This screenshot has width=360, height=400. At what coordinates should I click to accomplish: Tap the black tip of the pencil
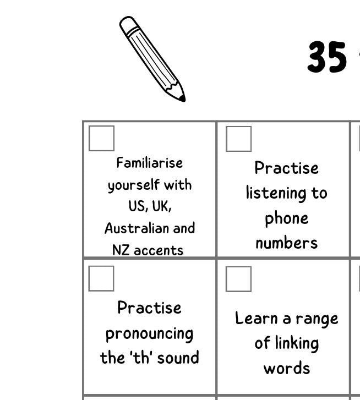point(182,98)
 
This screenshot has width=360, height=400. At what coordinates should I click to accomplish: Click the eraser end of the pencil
point(128,24)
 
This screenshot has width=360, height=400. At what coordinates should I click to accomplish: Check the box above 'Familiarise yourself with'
point(101,138)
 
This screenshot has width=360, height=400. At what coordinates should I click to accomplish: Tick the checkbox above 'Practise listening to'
point(238,139)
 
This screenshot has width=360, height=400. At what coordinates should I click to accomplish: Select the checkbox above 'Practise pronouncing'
point(101,278)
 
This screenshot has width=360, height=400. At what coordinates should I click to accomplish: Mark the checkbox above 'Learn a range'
point(238,279)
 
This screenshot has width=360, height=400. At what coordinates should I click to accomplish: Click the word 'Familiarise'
point(149,163)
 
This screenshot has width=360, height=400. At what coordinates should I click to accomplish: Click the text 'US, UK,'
point(150,206)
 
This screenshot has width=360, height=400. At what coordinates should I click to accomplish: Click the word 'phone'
point(286,218)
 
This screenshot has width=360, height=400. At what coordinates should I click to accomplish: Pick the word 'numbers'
point(286,243)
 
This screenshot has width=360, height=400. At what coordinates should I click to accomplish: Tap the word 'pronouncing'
point(149,334)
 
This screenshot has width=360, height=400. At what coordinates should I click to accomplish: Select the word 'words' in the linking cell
point(286,368)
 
